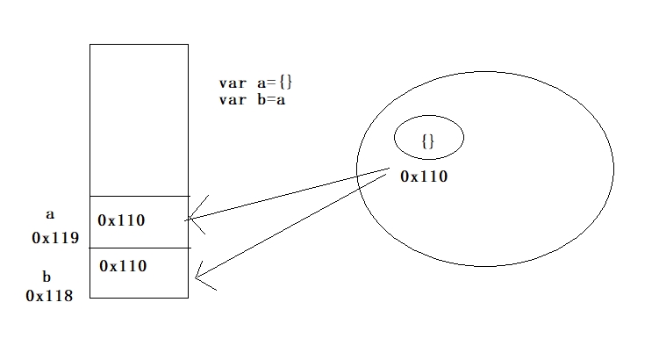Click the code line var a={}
pyautogui.click(x=255, y=83)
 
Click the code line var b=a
pyautogui.click(x=254, y=99)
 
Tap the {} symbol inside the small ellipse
pyautogui.click(x=428, y=140)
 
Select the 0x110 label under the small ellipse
pyautogui.click(x=424, y=176)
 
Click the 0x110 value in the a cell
pyautogui.click(x=122, y=220)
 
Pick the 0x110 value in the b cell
pyautogui.click(x=122, y=265)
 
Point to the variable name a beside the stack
pyautogui.click(x=49, y=213)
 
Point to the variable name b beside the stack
pyautogui.click(x=47, y=277)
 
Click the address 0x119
pyautogui.click(x=55, y=238)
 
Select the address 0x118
pyautogui.click(x=49, y=296)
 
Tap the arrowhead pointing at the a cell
pyautogui.click(x=195, y=220)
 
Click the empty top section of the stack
pyautogui.click(x=139, y=119)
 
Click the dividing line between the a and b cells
pyautogui.click(x=139, y=248)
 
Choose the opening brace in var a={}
pyautogui.click(x=282, y=83)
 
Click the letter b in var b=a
pyautogui.click(x=260, y=99)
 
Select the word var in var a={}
pyautogui.click(x=233, y=83)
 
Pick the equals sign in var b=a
pyautogui.click(x=271, y=99)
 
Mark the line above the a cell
pyautogui.click(x=139, y=196)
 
